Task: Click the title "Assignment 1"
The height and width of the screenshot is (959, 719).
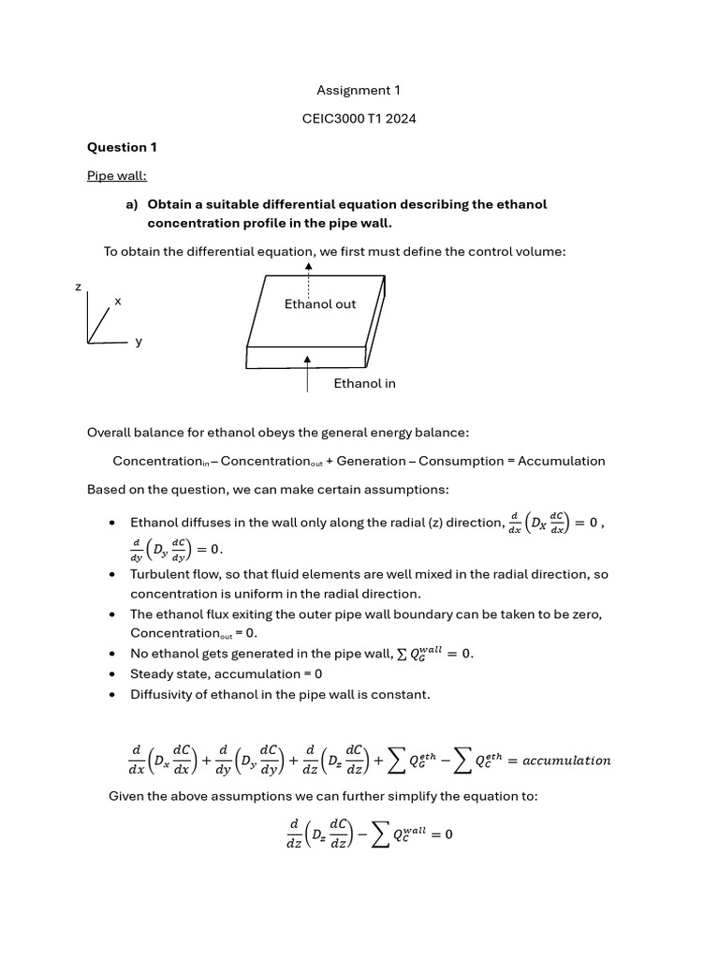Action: [x=359, y=91]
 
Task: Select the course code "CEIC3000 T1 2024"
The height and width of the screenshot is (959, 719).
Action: [x=359, y=119]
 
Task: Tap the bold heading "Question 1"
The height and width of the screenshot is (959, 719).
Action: [x=116, y=147]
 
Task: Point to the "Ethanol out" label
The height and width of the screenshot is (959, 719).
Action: [x=320, y=304]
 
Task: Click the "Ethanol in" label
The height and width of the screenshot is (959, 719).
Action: [x=364, y=383]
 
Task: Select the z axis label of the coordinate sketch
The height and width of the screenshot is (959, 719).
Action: [x=79, y=287]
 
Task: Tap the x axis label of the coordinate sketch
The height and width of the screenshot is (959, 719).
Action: [x=118, y=301]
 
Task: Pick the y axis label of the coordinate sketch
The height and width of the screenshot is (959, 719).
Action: [x=139, y=342]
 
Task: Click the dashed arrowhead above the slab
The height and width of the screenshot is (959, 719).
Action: [x=309, y=267]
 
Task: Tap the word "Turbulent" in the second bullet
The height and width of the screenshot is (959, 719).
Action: [x=159, y=574]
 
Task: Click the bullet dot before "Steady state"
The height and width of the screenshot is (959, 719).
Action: [x=112, y=674]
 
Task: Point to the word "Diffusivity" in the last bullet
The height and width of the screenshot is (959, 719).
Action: [x=162, y=694]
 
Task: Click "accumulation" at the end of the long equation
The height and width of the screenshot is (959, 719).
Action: [x=566, y=760]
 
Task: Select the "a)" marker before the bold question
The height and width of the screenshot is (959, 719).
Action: [x=132, y=204]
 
